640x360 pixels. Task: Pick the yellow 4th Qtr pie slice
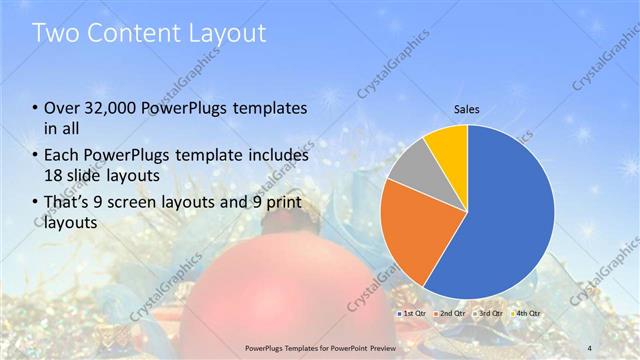(446, 145)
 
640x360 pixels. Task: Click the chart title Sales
(467, 107)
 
